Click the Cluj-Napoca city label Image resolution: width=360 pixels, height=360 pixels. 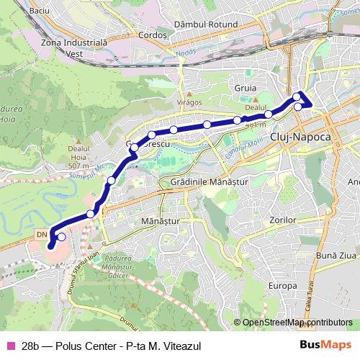(x=300, y=136)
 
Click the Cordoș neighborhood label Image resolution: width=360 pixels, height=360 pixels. (x=152, y=35)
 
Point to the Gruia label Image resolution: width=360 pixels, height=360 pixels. (x=246, y=88)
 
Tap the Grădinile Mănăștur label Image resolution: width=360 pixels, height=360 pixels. (x=210, y=183)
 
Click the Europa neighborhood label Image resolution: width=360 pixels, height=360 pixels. (x=282, y=286)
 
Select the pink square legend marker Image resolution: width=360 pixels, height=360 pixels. (x=9, y=344)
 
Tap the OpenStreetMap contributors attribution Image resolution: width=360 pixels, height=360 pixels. (x=297, y=323)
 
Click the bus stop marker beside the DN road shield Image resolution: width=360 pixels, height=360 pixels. (x=61, y=237)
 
